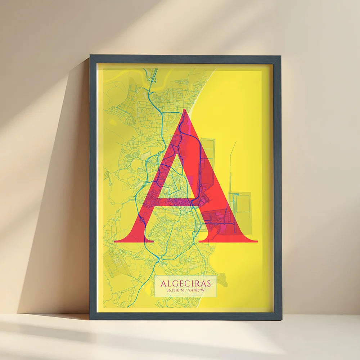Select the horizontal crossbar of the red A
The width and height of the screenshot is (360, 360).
pos(173,202)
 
